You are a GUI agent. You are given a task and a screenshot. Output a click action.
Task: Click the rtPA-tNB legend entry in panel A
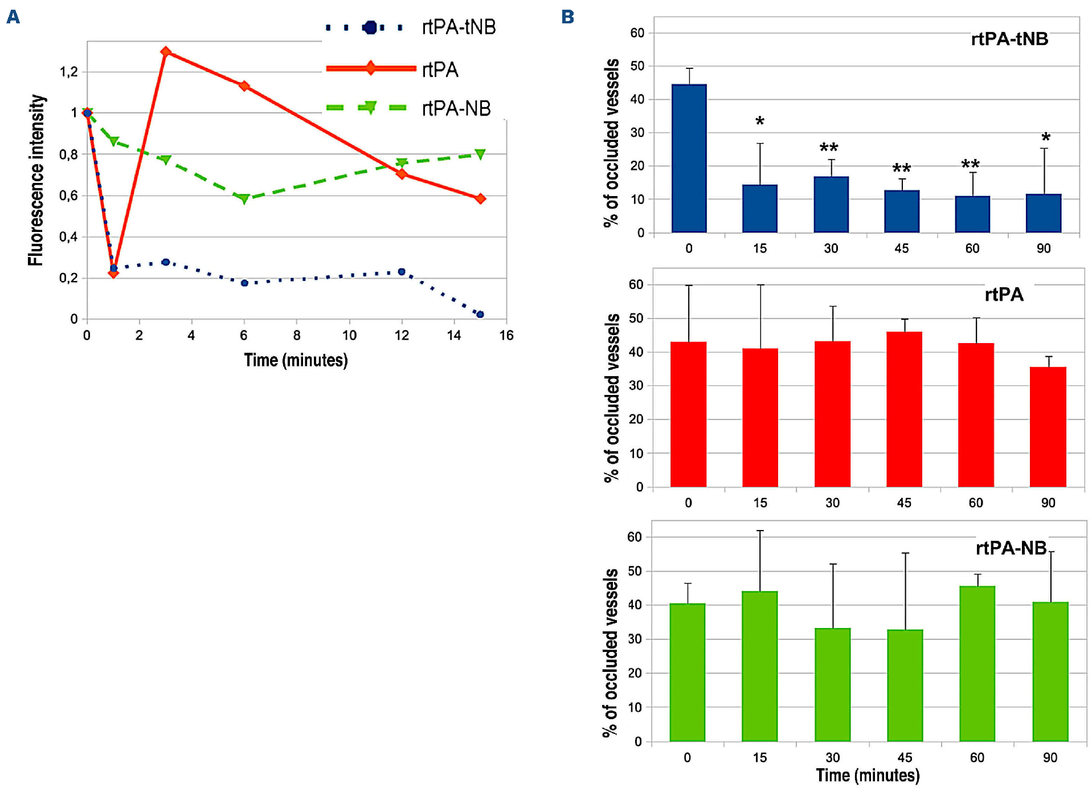[x=410, y=27]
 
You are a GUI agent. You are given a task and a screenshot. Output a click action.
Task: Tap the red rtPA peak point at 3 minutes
[x=166, y=52]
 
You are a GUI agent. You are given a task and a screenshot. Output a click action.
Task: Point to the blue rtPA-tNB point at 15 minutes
[x=480, y=314]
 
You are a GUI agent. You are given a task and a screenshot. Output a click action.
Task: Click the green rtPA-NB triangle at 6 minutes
[x=244, y=198]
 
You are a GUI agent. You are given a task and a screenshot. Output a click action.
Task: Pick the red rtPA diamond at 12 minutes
[x=402, y=174]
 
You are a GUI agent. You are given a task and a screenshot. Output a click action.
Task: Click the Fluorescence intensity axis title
[x=36, y=180]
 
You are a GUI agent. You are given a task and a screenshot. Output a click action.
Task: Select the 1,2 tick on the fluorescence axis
[x=68, y=72]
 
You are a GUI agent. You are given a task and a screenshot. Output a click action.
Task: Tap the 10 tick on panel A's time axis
[x=349, y=335]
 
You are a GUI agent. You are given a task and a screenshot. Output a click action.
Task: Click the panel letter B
[x=567, y=17]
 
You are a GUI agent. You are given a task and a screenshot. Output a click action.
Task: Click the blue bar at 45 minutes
[x=902, y=211]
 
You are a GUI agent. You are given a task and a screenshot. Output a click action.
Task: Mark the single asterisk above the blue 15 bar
[x=760, y=121]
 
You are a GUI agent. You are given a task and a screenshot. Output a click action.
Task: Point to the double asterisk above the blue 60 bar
[x=970, y=165]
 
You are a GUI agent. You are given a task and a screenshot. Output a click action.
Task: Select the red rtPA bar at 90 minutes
[x=1048, y=427]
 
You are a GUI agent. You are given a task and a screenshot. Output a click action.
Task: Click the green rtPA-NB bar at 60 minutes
[x=977, y=663]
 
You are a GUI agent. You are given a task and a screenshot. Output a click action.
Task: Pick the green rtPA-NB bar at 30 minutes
[x=832, y=684]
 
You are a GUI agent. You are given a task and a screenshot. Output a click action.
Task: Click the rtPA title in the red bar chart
[x=1004, y=295]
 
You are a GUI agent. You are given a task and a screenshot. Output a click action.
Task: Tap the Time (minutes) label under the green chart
[x=868, y=775]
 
